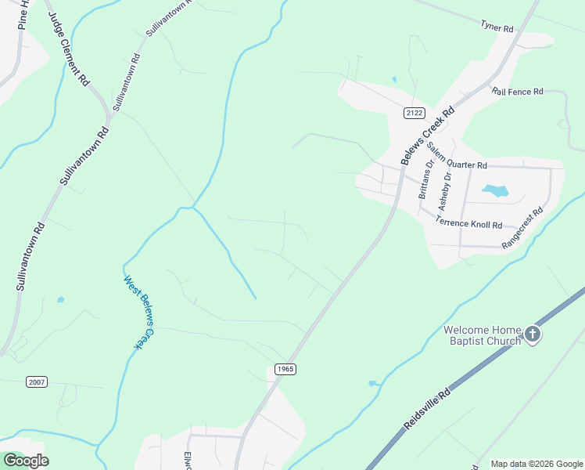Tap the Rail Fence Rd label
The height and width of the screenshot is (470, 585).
518,92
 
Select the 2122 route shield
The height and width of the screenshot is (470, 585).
415,114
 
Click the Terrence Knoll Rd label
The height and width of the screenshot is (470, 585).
469,223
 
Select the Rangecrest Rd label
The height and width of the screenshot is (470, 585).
522,229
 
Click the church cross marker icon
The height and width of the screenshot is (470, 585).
532,334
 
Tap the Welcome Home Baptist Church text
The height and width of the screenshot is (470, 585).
482,334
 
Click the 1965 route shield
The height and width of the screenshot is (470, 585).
285,369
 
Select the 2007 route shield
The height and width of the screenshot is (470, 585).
37,381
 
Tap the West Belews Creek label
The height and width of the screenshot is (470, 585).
135,312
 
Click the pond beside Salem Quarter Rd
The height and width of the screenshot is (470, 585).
495,190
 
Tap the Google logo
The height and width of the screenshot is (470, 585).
26,461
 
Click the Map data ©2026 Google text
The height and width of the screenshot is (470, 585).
537,464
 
